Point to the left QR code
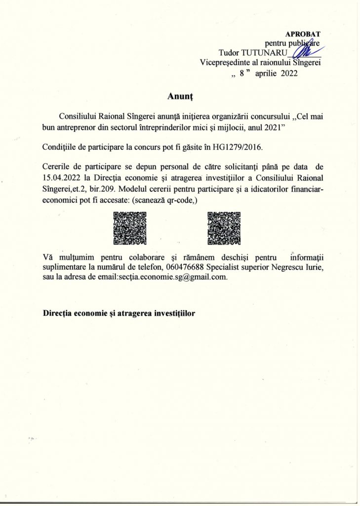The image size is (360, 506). pos(130,228)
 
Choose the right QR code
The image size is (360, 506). pos(224,228)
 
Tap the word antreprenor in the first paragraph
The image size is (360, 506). pos(83,130)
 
